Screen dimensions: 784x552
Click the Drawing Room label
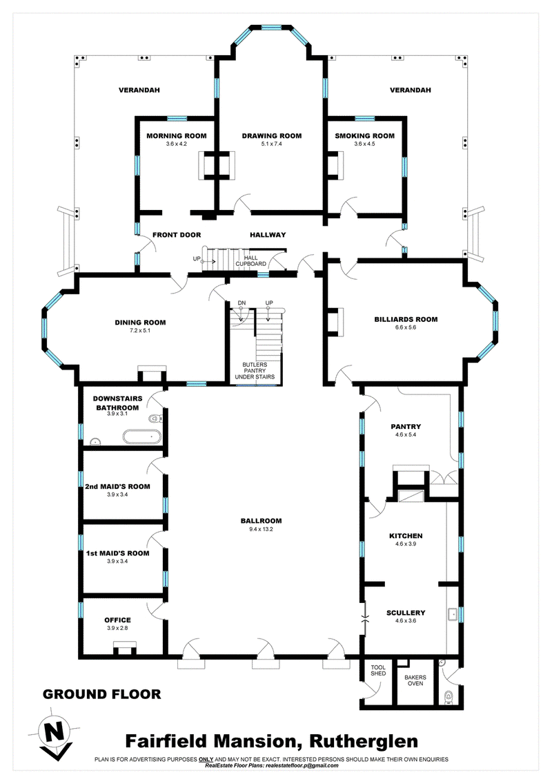click(x=271, y=135)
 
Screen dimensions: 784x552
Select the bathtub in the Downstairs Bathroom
click(x=142, y=437)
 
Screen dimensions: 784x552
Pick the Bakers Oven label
click(x=415, y=681)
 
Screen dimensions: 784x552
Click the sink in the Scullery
click(x=454, y=613)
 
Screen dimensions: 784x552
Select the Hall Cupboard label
click(x=251, y=260)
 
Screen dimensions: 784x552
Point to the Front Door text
click(x=177, y=235)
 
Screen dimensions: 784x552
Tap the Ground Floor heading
click(x=101, y=694)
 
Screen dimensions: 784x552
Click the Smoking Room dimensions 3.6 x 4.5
click(x=364, y=144)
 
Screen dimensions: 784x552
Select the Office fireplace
click(x=124, y=647)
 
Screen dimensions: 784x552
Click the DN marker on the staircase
click(x=241, y=303)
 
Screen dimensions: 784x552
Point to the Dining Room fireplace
click(x=150, y=374)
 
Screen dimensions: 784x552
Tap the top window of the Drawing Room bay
click(x=270, y=28)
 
